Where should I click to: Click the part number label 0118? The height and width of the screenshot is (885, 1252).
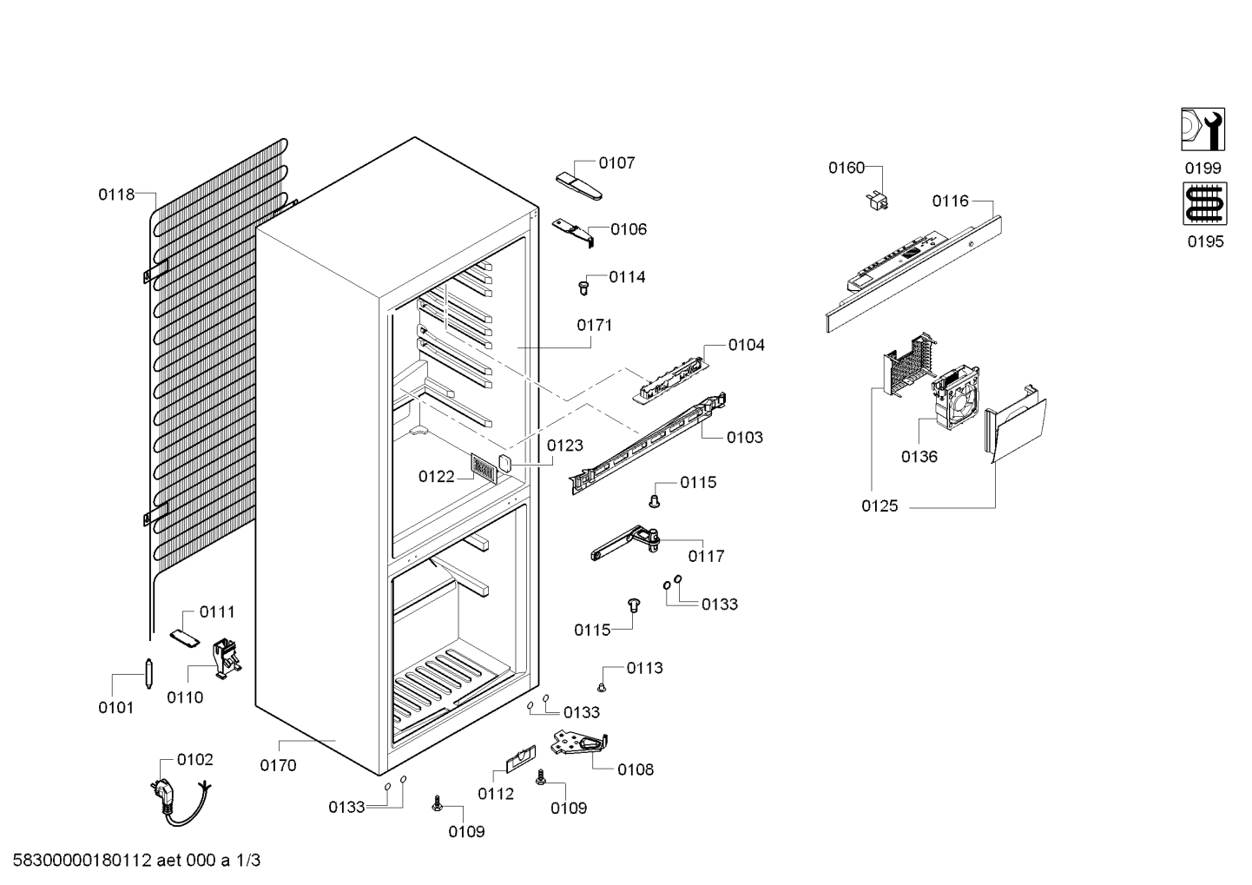[116, 195]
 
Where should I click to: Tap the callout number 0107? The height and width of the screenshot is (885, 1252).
[616, 162]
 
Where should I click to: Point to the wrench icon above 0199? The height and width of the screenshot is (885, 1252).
[1203, 129]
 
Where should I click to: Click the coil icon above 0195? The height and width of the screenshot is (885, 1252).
[1205, 203]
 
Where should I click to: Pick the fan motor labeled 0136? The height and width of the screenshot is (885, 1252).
[955, 396]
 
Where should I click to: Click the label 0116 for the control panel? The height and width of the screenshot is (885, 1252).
[950, 201]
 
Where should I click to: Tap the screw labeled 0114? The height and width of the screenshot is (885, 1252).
[584, 288]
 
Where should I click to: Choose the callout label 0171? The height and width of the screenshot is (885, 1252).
[595, 325]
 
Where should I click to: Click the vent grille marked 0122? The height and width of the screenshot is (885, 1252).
[484, 467]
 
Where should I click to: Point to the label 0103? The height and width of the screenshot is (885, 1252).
[744, 437]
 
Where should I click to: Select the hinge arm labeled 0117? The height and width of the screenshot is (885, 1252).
[625, 542]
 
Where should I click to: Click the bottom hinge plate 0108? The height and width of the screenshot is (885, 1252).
[580, 743]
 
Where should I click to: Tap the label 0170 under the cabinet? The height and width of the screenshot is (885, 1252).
[279, 765]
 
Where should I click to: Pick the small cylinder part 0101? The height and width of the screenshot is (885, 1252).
[148, 674]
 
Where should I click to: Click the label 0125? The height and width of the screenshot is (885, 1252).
[880, 506]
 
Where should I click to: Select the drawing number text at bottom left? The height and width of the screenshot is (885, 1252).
[136, 860]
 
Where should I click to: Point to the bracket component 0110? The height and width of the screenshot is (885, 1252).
[227, 658]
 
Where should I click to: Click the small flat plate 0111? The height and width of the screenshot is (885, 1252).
[185, 637]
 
